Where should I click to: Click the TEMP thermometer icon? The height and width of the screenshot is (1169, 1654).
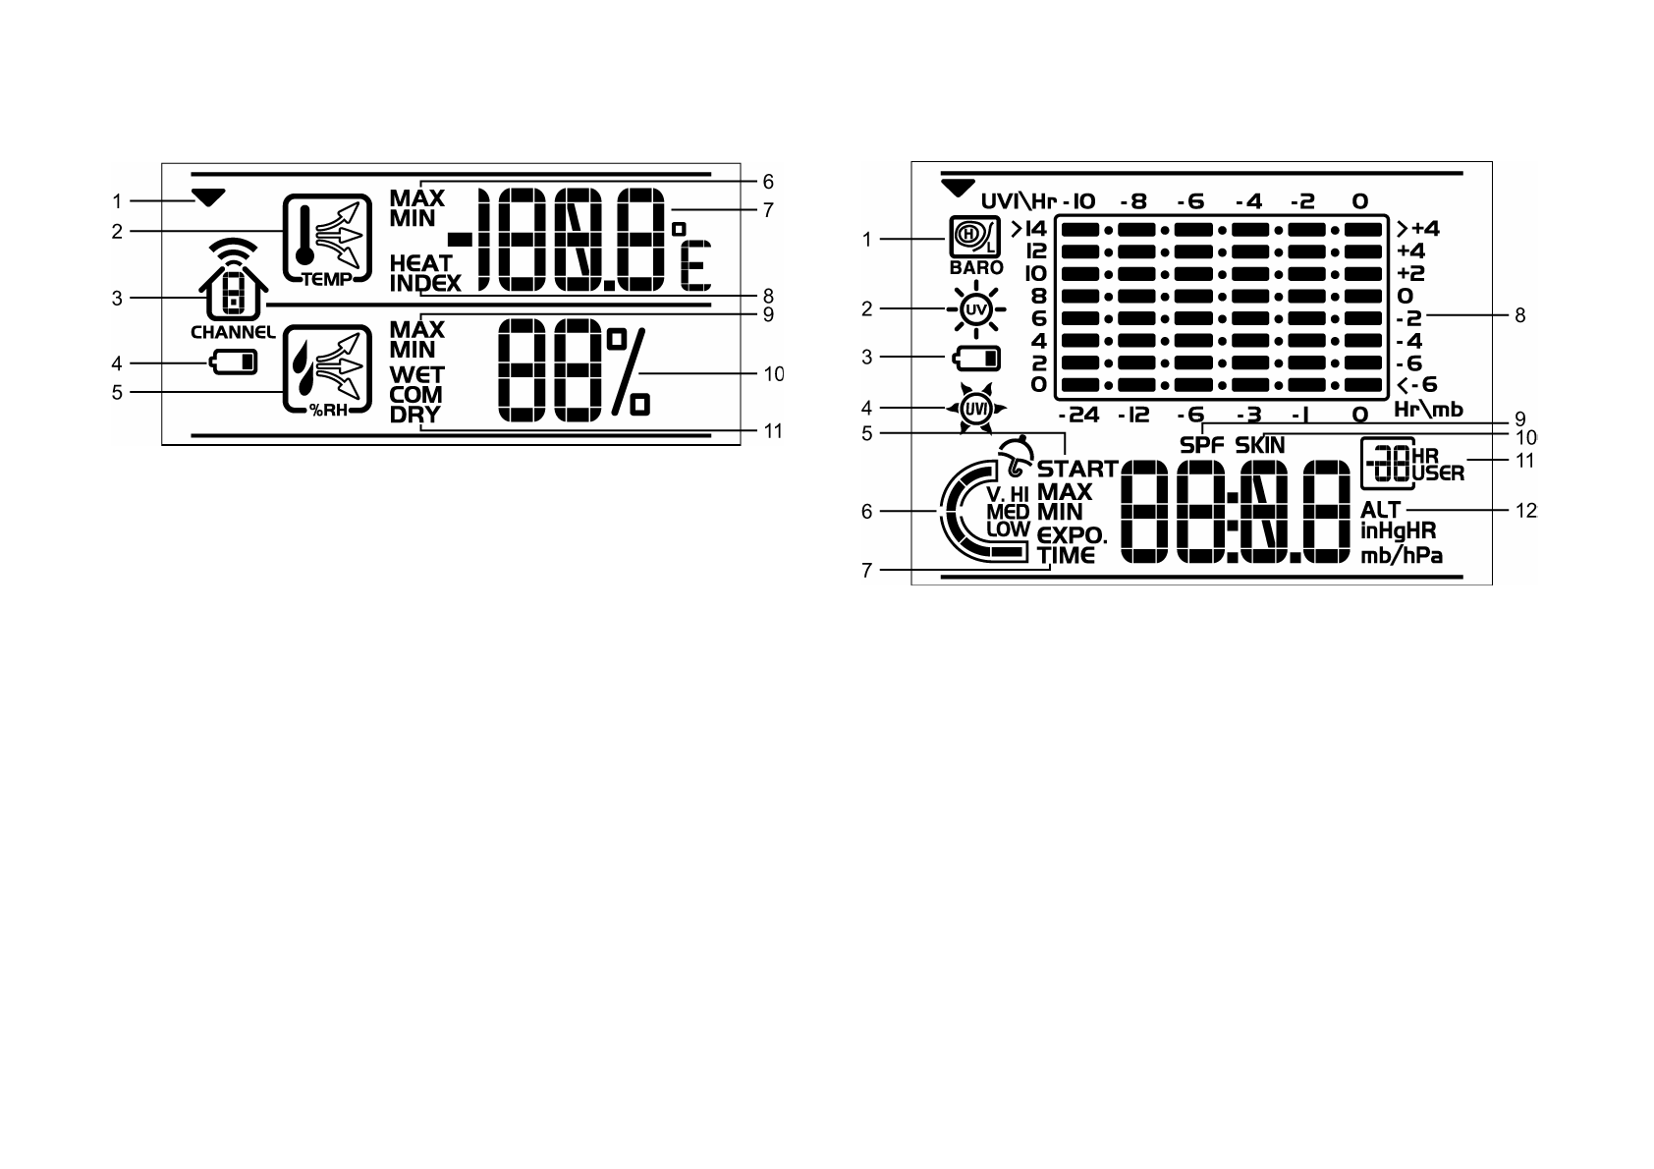click(328, 239)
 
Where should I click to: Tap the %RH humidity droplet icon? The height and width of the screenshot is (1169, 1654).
click(328, 369)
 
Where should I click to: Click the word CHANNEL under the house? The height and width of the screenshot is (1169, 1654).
click(233, 332)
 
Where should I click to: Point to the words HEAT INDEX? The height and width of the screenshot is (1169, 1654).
click(423, 274)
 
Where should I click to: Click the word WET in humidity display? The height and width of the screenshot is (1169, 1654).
click(416, 375)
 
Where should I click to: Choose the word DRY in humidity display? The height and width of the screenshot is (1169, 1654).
click(414, 415)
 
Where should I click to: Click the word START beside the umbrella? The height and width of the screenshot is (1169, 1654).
click(1077, 469)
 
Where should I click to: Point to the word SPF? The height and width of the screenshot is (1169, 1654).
click(1202, 445)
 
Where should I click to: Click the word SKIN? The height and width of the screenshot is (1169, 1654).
click(1260, 445)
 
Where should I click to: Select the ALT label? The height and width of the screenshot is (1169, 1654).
click(1380, 510)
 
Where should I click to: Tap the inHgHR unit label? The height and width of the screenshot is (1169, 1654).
click(1399, 531)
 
